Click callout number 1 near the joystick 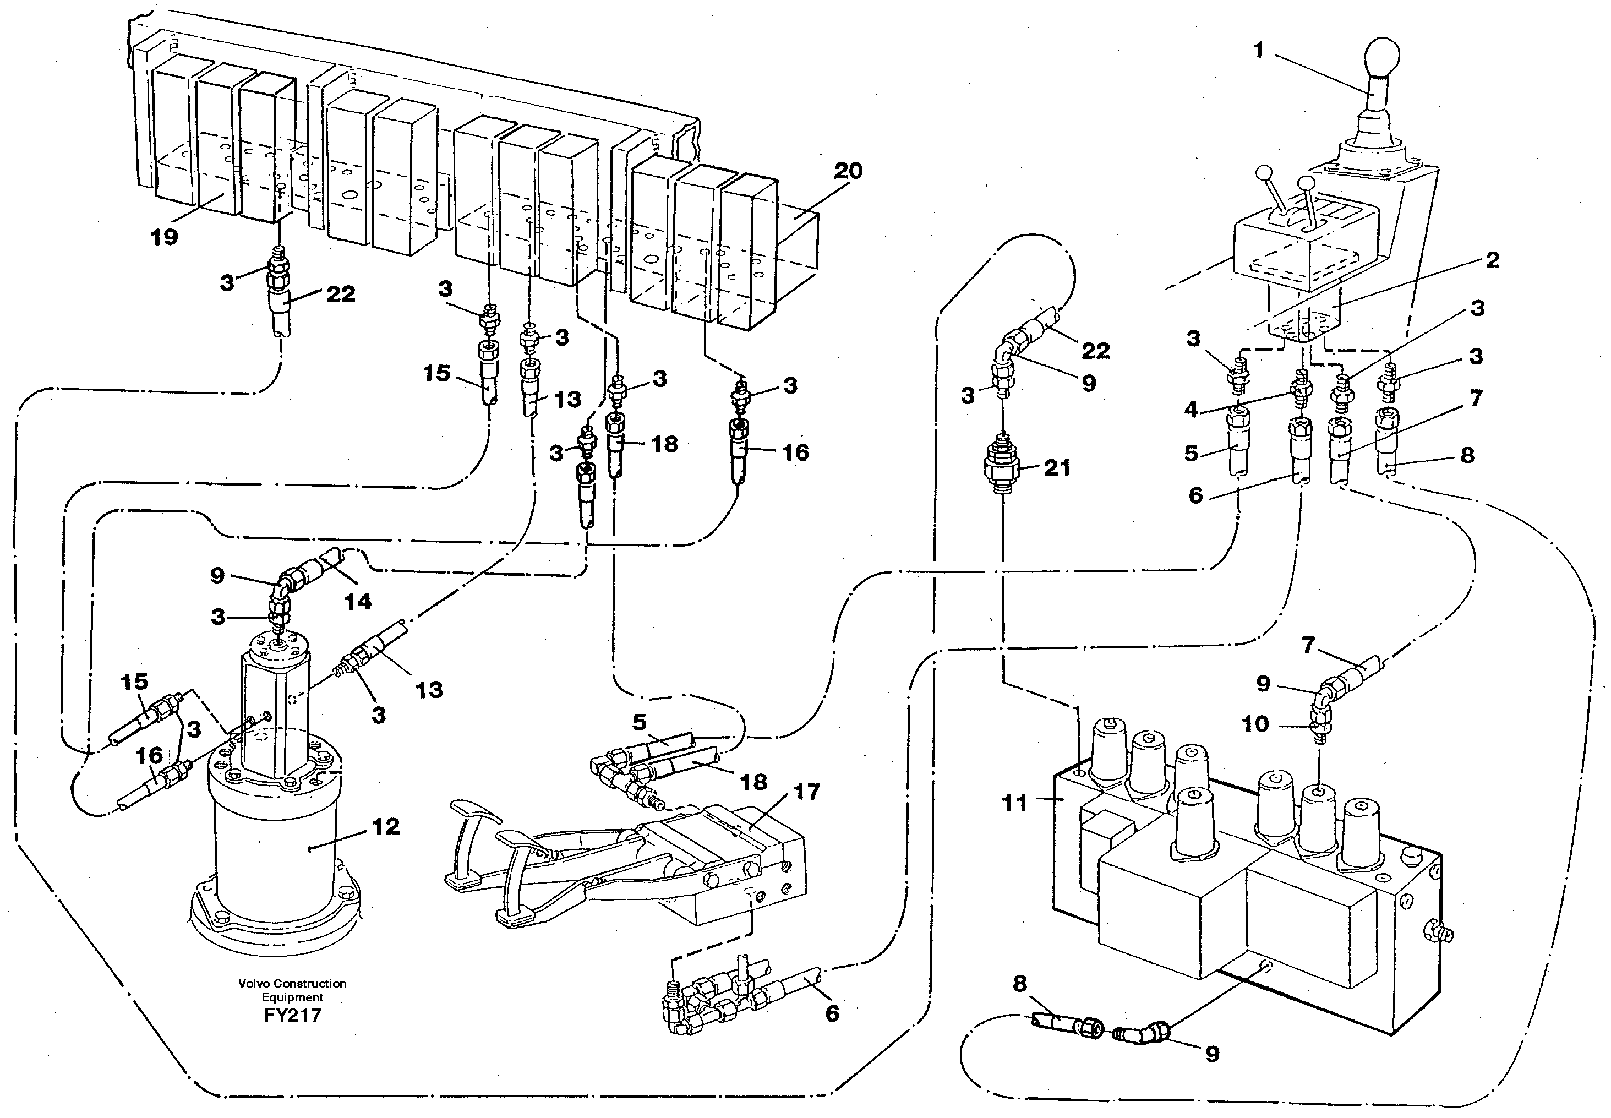pyautogui.click(x=1258, y=51)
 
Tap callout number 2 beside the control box pyautogui.click(x=1493, y=260)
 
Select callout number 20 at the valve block pyautogui.click(x=848, y=171)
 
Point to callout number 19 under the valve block pyautogui.click(x=165, y=237)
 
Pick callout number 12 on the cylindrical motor pyautogui.click(x=386, y=827)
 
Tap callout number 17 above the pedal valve pyautogui.click(x=806, y=792)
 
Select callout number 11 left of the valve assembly pyautogui.click(x=1015, y=803)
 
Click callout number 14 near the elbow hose pyautogui.click(x=358, y=601)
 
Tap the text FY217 pyautogui.click(x=293, y=1015)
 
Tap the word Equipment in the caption pyautogui.click(x=293, y=997)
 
